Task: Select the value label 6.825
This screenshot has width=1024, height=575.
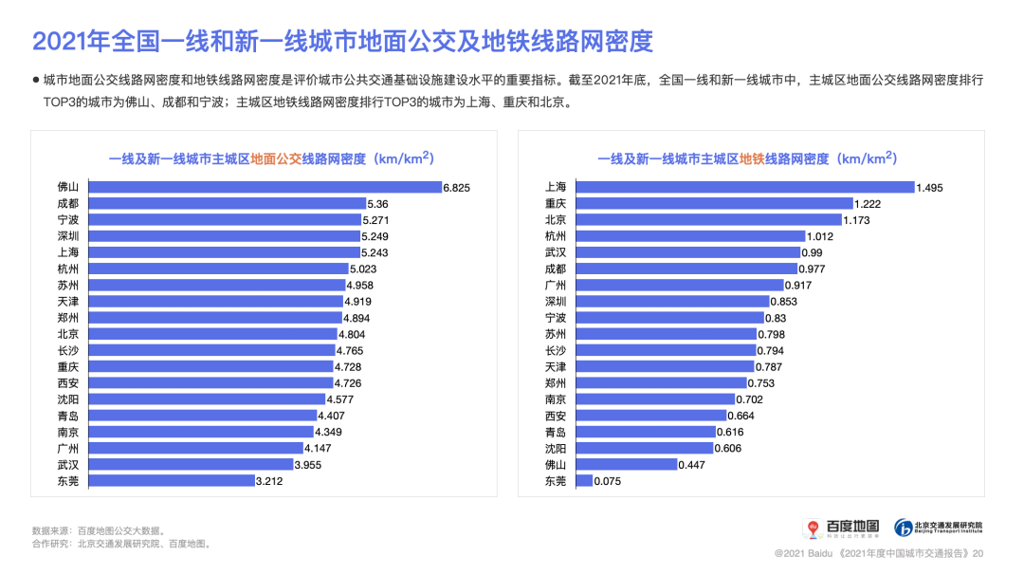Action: coord(456,187)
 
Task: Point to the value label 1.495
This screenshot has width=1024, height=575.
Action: coord(929,187)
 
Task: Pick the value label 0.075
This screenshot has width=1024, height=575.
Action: coord(608,481)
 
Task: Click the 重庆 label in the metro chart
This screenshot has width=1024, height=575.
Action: coord(556,203)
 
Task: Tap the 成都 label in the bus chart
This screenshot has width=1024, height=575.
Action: coord(68,203)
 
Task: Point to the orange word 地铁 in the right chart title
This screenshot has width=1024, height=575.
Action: coord(752,158)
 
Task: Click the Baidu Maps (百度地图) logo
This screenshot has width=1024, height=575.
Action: coord(842,527)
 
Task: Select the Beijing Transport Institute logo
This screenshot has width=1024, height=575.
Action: coord(939,527)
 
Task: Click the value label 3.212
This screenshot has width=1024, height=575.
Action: coord(269,481)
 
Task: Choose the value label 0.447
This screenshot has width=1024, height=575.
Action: coord(692,465)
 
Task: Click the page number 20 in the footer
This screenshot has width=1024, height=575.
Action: coord(978,552)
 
